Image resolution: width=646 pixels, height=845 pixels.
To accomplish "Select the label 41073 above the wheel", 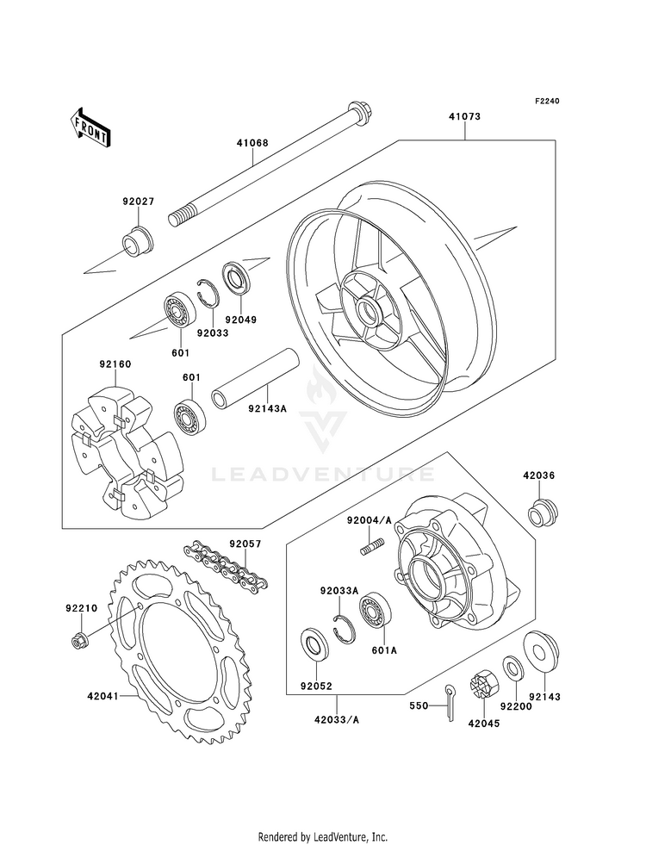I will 463,115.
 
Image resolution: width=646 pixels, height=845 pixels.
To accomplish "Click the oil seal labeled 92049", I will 234,276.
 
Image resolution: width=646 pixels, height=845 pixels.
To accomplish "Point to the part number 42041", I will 102,696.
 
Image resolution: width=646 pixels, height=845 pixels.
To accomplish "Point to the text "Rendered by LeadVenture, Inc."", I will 323,836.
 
